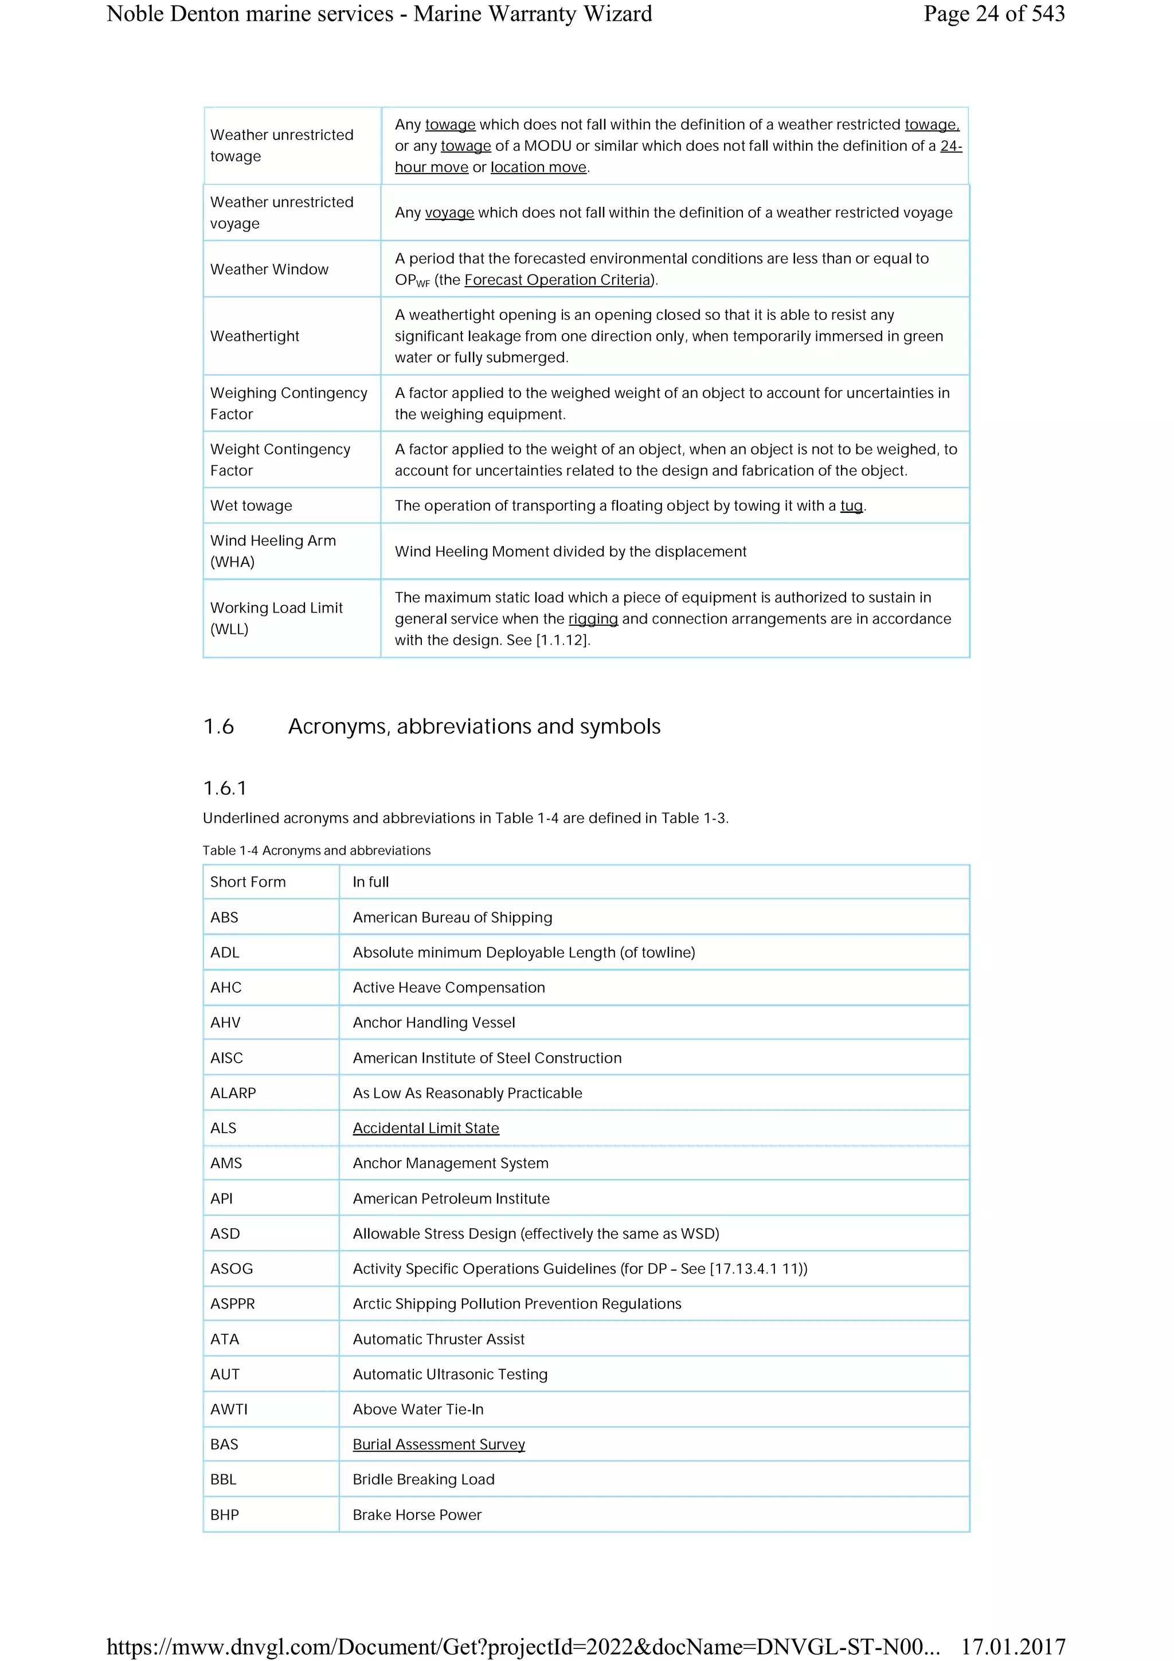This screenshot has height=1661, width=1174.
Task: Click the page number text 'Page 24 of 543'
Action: pyautogui.click(x=993, y=14)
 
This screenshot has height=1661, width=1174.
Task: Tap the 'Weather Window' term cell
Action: pyautogui.click(x=269, y=269)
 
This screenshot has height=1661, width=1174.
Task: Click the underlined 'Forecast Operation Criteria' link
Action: pyautogui.click(x=558, y=280)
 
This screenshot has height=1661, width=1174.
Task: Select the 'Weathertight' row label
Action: pyautogui.click(x=255, y=336)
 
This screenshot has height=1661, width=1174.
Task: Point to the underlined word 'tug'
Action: pyautogui.click(x=851, y=506)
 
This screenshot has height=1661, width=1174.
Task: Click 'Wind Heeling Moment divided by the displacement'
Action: pyautogui.click(x=570, y=551)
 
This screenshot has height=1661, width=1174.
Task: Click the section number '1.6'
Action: pyautogui.click(x=218, y=726)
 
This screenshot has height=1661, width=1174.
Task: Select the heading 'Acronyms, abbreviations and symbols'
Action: pyautogui.click(x=474, y=726)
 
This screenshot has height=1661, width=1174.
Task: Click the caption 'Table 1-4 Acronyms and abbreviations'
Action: pyautogui.click(x=316, y=850)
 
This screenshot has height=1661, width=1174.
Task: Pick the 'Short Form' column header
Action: pyautogui.click(x=248, y=882)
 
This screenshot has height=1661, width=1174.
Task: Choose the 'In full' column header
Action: pyautogui.click(x=370, y=882)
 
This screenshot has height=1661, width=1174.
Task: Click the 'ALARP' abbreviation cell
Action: pyautogui.click(x=233, y=1092)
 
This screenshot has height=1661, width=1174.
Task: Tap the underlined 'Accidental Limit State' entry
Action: pyautogui.click(x=425, y=1128)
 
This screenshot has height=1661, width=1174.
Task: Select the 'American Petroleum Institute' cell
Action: pyautogui.click(x=451, y=1198)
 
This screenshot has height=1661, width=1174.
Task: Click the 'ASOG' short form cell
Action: pyautogui.click(x=232, y=1268)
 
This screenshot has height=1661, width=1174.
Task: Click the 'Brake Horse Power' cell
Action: pyautogui.click(x=417, y=1514)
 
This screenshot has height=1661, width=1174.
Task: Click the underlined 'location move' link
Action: pyautogui.click(x=538, y=167)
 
